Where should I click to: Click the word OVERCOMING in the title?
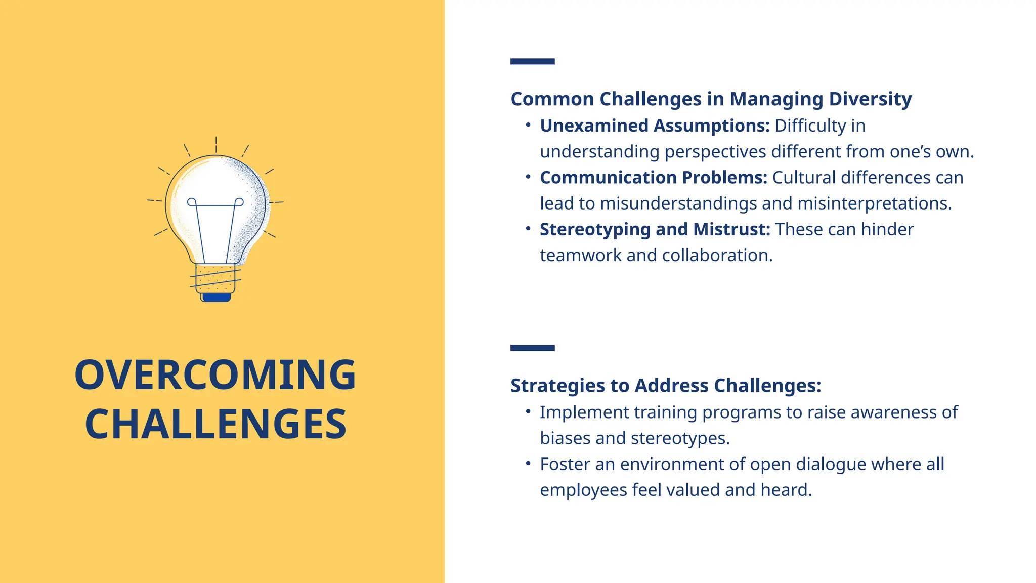click(215, 375)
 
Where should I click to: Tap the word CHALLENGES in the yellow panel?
click(215, 424)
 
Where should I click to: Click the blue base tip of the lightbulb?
click(216, 297)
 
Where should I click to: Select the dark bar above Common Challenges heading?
click(532, 61)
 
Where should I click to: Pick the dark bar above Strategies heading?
click(532, 348)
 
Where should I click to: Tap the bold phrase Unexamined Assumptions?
click(654, 126)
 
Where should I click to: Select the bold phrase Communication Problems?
click(653, 178)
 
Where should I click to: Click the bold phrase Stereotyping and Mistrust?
click(655, 229)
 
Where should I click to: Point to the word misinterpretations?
click(874, 203)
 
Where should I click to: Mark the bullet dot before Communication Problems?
click(528, 177)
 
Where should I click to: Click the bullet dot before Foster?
click(528, 463)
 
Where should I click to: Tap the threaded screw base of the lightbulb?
click(215, 278)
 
